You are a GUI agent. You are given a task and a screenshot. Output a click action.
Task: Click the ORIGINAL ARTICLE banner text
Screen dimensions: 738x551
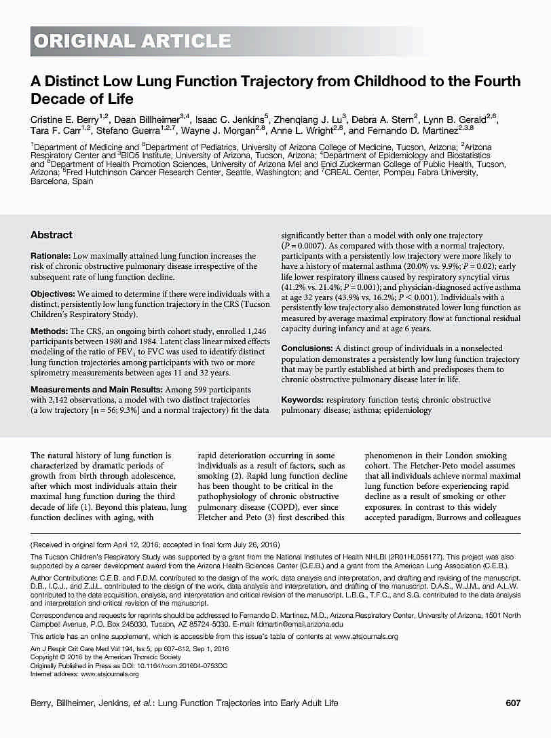click(133, 41)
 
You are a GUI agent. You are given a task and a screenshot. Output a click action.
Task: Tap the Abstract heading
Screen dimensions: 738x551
click(52, 235)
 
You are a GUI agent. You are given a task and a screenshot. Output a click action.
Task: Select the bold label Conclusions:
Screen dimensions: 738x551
click(307, 348)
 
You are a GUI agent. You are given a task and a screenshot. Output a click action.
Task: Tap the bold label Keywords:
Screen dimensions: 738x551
click(302, 401)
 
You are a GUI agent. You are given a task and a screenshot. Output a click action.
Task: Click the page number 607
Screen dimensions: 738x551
click(513, 703)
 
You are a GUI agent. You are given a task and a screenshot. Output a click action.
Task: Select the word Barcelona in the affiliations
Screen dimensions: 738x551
click(50, 182)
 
